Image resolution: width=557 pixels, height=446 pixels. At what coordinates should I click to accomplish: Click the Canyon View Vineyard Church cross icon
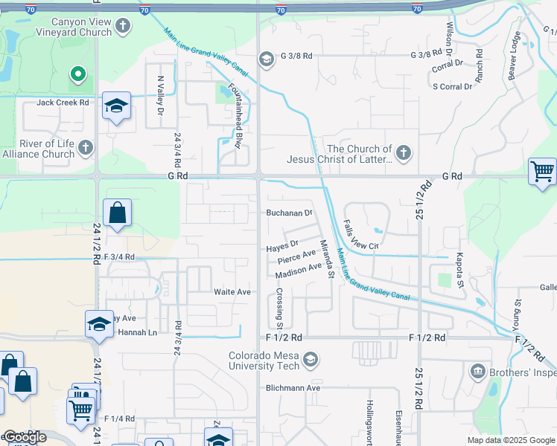point(123,28)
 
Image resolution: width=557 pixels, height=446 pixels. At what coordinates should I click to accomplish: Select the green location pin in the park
point(77,74)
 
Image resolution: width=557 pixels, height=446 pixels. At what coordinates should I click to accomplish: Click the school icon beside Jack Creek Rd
point(117,106)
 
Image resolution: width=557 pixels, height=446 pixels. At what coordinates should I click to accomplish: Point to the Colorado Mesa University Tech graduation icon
point(311,361)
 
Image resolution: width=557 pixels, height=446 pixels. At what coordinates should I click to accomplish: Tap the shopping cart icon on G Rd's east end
point(543,172)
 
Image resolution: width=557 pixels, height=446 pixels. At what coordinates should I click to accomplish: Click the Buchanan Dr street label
point(289,213)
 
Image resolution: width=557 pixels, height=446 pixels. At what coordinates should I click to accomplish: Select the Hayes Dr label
point(283,244)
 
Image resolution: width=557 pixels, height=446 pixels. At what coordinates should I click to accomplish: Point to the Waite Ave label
point(232,292)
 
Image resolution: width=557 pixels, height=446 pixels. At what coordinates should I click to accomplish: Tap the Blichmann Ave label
point(293,388)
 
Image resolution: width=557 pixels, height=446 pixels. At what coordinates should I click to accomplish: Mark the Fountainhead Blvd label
point(236,115)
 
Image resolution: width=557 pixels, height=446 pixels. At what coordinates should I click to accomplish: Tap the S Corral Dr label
point(453,86)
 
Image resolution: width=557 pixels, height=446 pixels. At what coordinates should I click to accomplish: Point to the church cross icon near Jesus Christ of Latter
point(404,154)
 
